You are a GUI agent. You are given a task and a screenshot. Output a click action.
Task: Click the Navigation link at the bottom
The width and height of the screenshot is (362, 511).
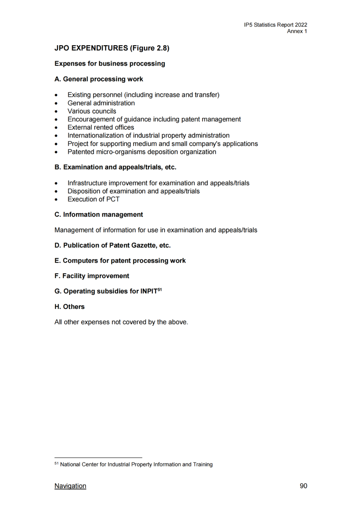tap(70, 486)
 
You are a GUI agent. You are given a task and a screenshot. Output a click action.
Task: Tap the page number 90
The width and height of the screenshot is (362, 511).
tap(303, 486)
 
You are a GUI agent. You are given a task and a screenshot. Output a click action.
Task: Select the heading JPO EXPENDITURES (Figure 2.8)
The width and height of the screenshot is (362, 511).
tap(112, 48)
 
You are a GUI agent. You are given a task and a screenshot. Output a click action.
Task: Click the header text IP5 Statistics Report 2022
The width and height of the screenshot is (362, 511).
tap(276, 25)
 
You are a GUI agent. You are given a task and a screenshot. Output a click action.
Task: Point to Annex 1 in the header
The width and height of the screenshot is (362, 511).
tap(297, 31)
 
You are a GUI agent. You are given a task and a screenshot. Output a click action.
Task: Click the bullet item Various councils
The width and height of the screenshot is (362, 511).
tap(92, 111)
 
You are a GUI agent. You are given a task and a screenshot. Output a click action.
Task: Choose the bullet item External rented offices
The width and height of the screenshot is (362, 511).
tap(101, 127)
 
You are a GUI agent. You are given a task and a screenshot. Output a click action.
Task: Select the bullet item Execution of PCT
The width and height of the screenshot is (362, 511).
tap(94, 199)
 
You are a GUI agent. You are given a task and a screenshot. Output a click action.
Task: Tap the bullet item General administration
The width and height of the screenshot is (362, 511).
tap(101, 103)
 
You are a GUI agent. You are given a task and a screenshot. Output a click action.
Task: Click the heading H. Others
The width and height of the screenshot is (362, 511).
tap(70, 307)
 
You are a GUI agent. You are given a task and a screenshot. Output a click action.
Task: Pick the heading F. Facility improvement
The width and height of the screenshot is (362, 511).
tap(92, 276)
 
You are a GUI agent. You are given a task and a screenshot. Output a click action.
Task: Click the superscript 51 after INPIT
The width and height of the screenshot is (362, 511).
tap(160, 290)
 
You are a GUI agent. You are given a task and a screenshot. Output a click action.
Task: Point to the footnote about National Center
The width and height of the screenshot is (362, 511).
tap(136, 464)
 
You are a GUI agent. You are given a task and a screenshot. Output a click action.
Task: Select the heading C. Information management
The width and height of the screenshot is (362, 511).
tap(99, 215)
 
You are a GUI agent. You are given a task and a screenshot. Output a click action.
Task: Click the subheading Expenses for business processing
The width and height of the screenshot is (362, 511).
tap(110, 64)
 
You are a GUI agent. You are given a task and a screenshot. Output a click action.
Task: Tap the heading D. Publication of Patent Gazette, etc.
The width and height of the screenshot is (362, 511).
tap(113, 245)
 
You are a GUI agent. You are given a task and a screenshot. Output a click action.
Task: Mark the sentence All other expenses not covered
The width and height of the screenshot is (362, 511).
tap(121, 322)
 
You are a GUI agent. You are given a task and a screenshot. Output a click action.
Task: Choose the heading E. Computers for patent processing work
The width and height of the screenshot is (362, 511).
tap(120, 261)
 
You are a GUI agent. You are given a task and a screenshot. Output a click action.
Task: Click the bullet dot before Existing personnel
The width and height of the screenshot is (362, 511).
tap(56, 95)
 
